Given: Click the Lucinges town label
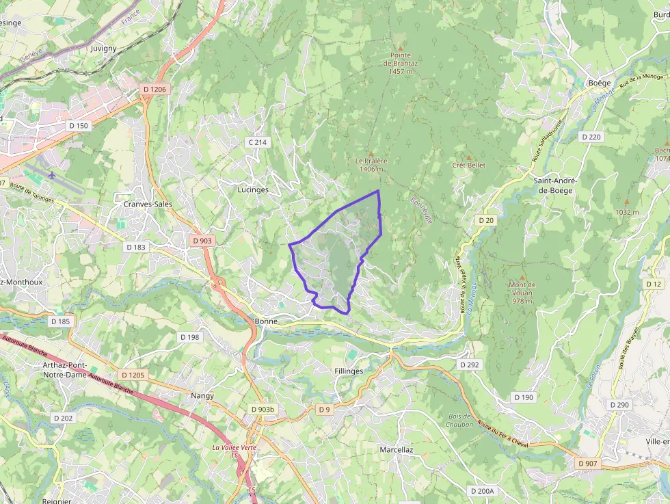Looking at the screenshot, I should coord(253,189).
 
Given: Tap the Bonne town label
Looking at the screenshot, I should coord(265,321).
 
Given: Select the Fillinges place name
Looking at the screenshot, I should coord(349,371).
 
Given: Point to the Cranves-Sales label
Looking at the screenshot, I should coord(148,204).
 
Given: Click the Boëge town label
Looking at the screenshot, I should coord(599,83).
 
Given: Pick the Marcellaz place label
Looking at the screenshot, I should coord(397,449).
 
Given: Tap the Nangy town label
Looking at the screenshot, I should coord(202,395).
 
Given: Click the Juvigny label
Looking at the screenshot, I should coord(103,49).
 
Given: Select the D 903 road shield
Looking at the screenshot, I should coord(202,241).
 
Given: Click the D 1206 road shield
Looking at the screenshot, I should coord(155,89).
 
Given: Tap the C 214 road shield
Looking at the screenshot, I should coord(258,142).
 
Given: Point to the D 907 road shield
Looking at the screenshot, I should coord(587,464).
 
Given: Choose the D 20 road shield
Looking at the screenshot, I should coord(486,220).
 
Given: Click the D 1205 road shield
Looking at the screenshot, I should coord(133,375).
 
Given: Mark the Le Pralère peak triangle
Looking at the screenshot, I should coord(371,153).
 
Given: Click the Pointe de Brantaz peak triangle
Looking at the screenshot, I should coord(401,47).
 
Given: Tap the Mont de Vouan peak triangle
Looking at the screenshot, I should coord(522,276).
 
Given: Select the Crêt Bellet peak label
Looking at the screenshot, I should coord(469,165).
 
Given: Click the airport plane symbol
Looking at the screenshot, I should coord(52,175).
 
